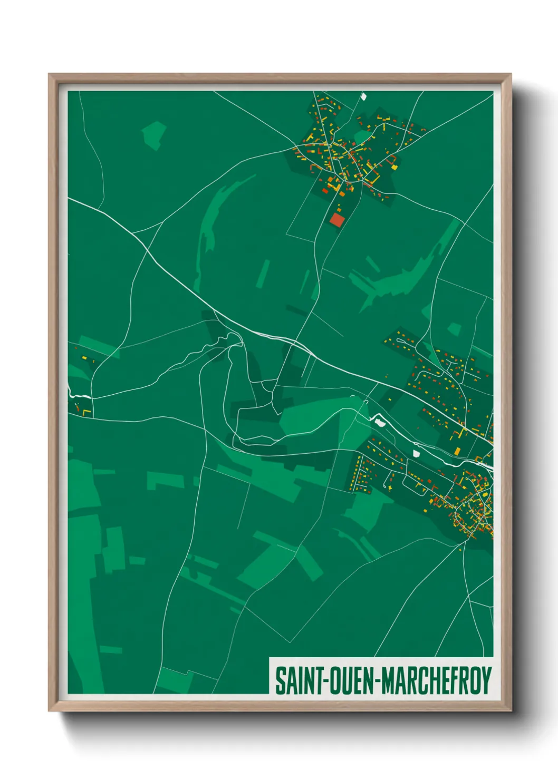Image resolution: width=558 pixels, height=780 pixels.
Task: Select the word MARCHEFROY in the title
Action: (437, 680)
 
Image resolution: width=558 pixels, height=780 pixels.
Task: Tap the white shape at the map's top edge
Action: (363, 96)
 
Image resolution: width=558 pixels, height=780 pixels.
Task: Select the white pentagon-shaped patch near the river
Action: (416, 453)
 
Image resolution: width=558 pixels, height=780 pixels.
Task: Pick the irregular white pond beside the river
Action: (378, 421)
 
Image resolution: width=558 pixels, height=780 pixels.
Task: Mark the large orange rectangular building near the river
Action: (457, 451)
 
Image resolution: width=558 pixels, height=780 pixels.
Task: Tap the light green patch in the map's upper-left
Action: (154, 134)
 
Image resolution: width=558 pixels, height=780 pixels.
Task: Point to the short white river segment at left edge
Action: (79, 395)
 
